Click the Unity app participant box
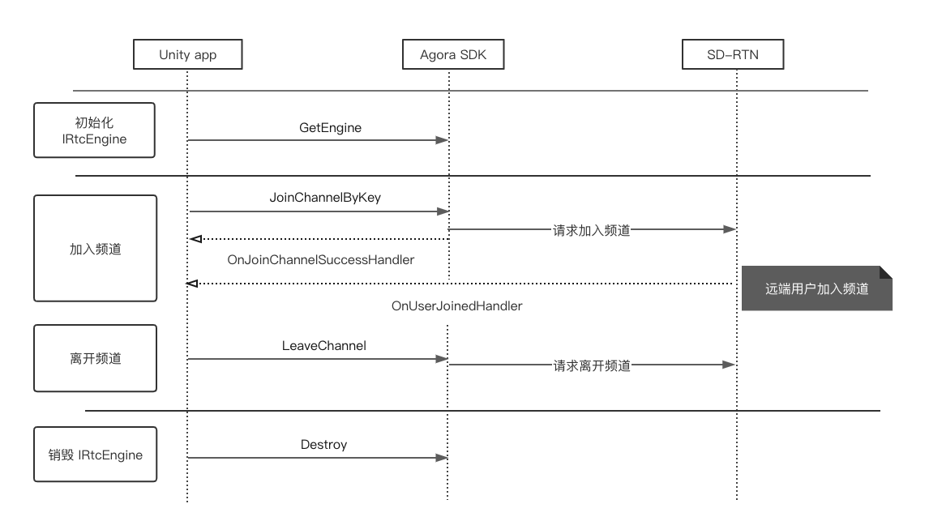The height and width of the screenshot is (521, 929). click(187, 55)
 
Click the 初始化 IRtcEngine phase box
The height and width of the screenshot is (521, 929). click(95, 130)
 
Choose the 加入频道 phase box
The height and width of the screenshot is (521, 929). click(95, 249)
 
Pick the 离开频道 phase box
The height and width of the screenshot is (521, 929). click(95, 358)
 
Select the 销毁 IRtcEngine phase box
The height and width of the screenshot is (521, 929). click(95, 455)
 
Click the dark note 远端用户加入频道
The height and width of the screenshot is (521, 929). click(816, 288)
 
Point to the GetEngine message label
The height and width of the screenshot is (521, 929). click(330, 127)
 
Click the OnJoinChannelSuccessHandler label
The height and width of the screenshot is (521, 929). click(321, 260)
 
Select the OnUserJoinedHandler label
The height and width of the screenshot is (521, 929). click(456, 306)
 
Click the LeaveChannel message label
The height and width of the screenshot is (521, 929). click(324, 345)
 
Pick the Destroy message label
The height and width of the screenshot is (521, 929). click(323, 444)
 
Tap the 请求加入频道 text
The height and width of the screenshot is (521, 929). click(592, 230)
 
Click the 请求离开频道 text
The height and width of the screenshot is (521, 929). click(592, 365)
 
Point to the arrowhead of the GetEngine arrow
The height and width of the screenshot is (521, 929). click(442, 140)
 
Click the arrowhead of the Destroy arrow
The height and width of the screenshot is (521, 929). click(442, 458)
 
